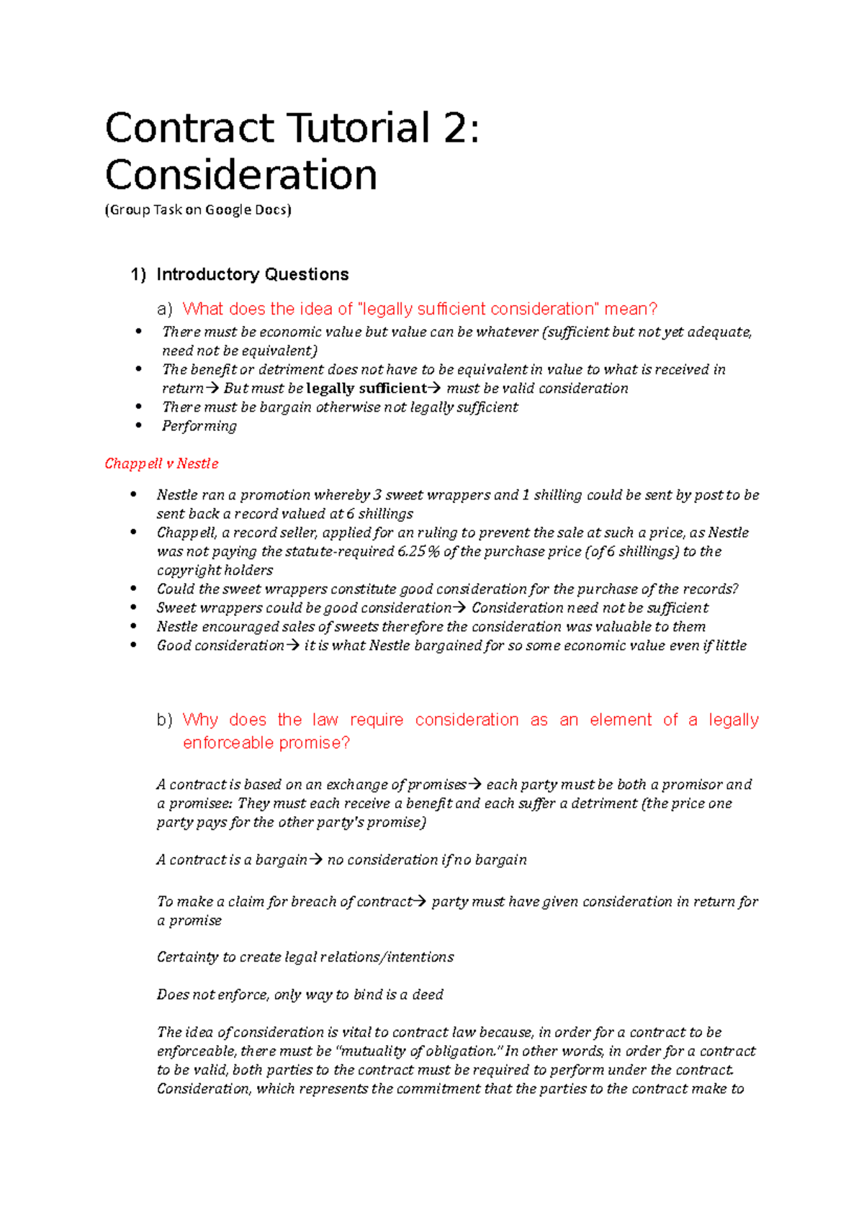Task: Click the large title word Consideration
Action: click(241, 176)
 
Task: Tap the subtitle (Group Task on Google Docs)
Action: click(198, 210)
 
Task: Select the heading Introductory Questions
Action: click(252, 274)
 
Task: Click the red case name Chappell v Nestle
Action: click(161, 463)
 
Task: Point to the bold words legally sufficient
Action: click(366, 389)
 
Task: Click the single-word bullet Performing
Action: click(199, 426)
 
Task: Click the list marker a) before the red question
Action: click(165, 309)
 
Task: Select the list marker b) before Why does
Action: click(165, 720)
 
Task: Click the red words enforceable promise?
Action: click(266, 743)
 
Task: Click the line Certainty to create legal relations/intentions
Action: click(305, 957)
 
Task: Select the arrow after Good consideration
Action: click(293, 646)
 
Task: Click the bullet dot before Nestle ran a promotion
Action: click(133, 495)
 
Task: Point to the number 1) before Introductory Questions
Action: click(138, 274)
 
